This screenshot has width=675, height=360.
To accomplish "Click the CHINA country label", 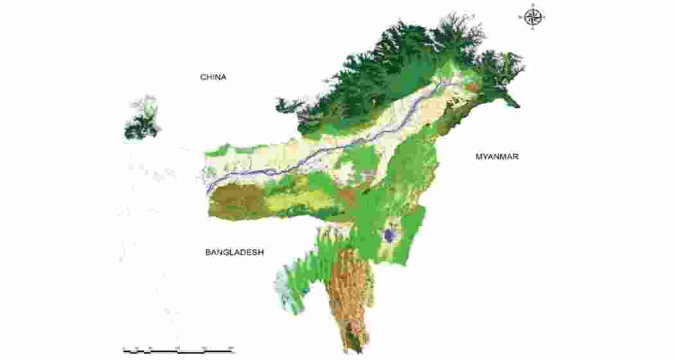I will point(213,77).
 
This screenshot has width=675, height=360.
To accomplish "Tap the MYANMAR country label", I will point(497,156).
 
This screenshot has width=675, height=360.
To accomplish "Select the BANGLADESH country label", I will point(235,253).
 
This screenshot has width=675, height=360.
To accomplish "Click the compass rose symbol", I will point(532,17).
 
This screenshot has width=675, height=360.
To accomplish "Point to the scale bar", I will point(178,351).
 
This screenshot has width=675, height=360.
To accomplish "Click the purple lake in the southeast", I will point(389,235).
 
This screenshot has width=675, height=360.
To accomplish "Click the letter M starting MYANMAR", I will point(479,156).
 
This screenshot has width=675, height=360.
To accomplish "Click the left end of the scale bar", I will point(123,351).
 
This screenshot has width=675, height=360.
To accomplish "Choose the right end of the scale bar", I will point(233,351).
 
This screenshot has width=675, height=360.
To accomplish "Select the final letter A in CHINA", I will point(224,77).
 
